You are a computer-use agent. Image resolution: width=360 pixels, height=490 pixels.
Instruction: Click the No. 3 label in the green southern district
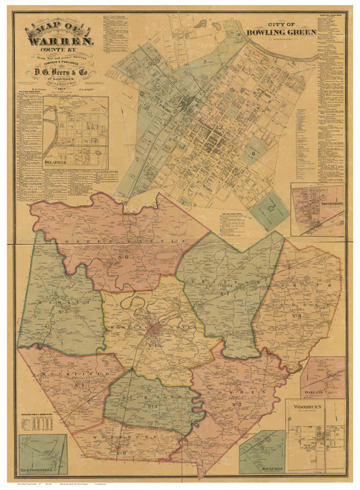click(x=152, y=407)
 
